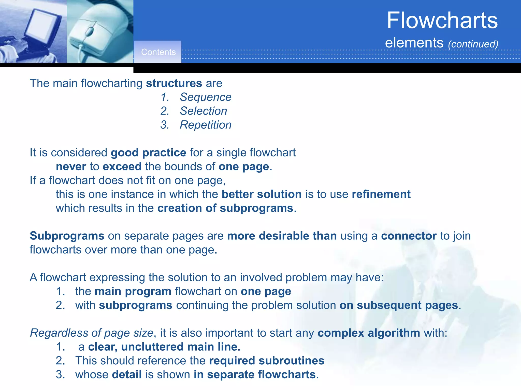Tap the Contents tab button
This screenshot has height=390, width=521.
(158, 52)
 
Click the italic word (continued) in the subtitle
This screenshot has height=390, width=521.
(473, 44)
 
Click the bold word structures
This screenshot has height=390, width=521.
(174, 83)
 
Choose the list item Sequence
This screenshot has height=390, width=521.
(206, 97)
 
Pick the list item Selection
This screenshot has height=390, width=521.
(203, 111)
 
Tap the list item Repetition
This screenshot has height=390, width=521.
(206, 125)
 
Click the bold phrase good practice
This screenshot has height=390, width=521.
(149, 153)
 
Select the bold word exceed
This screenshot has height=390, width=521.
(122, 167)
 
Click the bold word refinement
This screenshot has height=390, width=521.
(381, 194)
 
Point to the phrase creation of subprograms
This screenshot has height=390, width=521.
(225, 208)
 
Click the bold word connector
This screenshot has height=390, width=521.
(409, 236)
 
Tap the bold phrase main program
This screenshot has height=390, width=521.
(133, 291)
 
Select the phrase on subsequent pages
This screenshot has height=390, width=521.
(399, 305)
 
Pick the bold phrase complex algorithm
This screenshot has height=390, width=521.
(369, 333)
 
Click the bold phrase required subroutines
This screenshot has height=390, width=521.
(267, 361)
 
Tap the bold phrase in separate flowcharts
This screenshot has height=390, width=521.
(255, 375)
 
